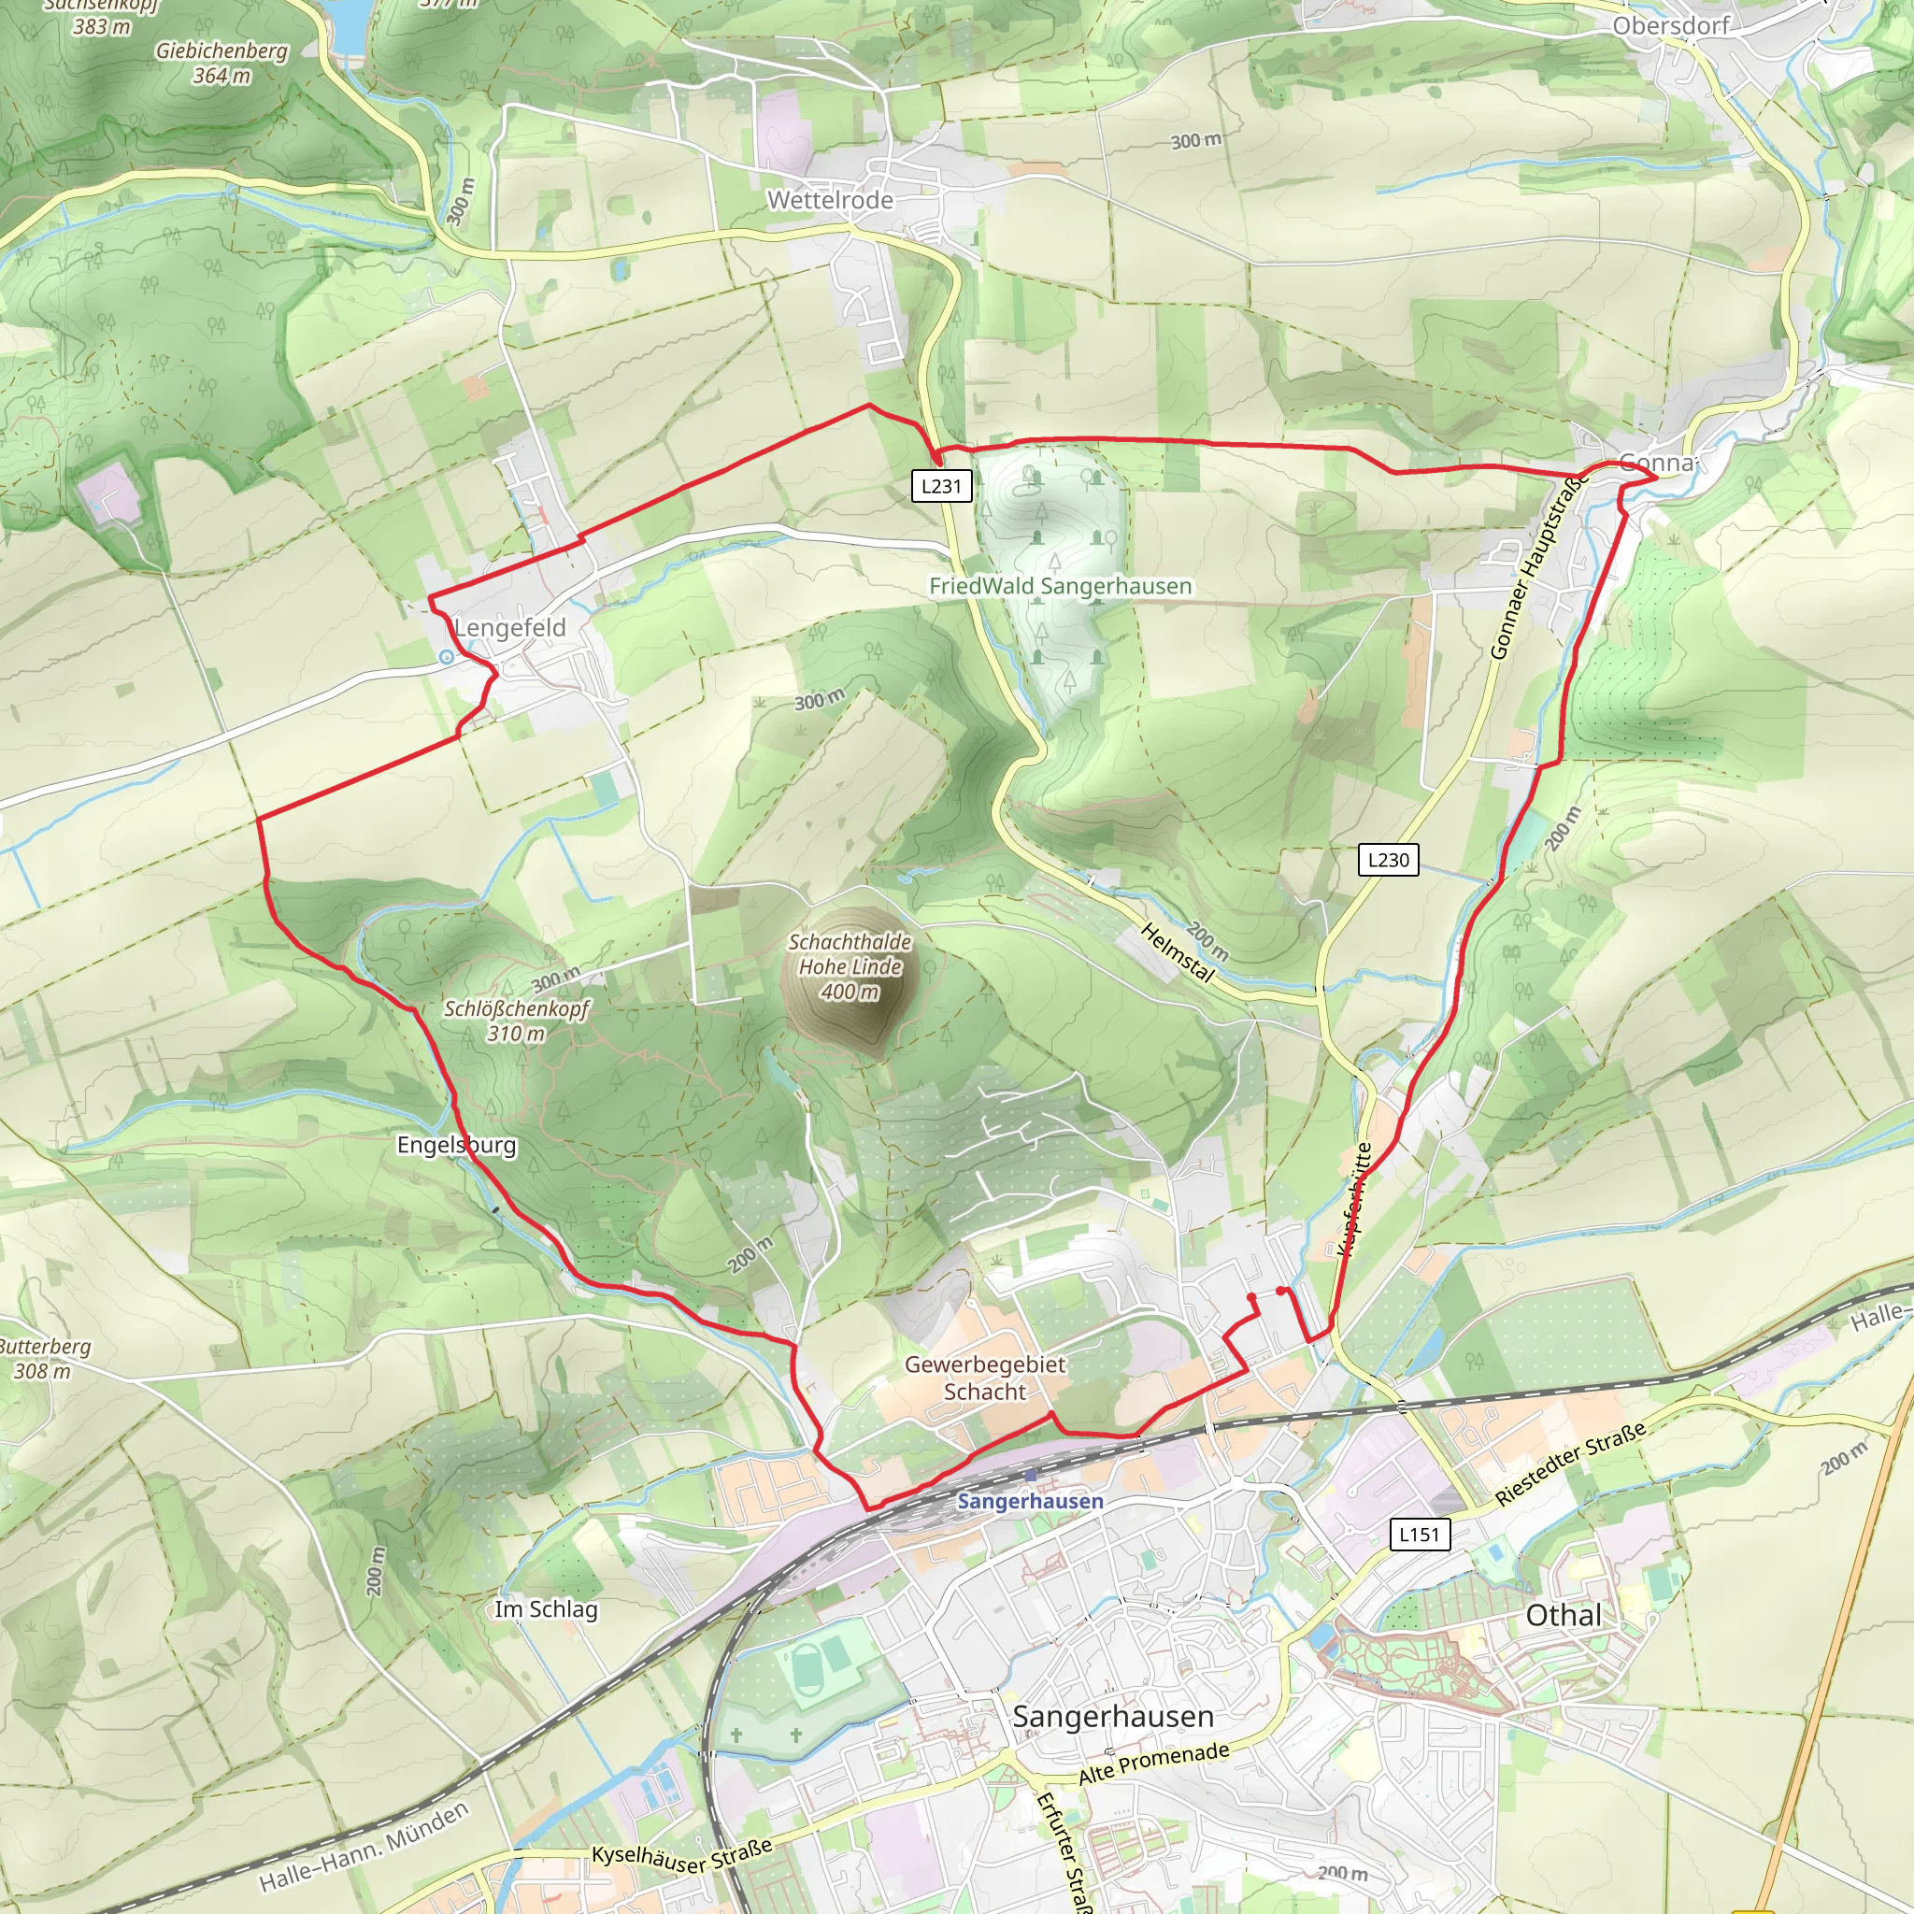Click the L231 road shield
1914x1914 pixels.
(x=941, y=486)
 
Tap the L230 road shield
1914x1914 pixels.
(x=1388, y=860)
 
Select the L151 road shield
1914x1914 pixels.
(x=1419, y=1535)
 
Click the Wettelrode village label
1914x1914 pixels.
(x=830, y=200)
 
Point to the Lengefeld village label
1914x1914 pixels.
(x=510, y=628)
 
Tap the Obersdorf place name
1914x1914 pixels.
(x=1670, y=26)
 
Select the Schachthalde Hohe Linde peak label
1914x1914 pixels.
(x=850, y=966)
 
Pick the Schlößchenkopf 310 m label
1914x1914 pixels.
(x=516, y=1021)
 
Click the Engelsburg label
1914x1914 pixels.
(x=457, y=1145)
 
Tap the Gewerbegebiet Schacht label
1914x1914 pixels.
(x=985, y=1378)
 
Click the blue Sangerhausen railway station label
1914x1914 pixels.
(x=1030, y=1501)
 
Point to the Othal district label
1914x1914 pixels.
(x=1564, y=1616)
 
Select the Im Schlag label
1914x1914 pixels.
(x=546, y=1609)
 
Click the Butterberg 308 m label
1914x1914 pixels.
(x=45, y=1358)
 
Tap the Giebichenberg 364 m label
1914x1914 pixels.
(x=221, y=63)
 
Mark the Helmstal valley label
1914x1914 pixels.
(x=1177, y=952)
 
